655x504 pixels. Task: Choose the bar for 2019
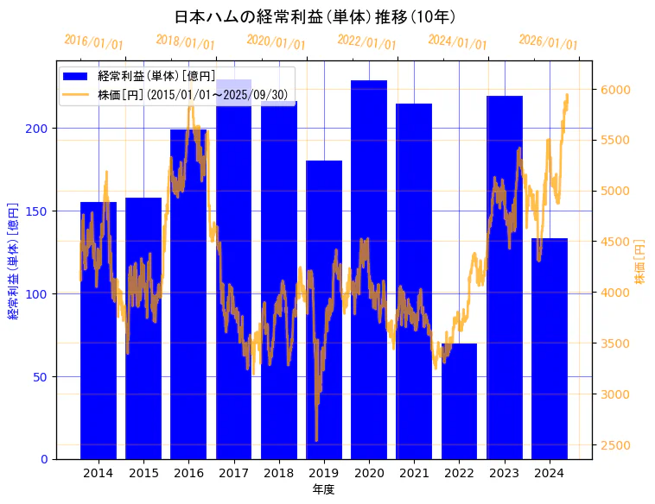324,310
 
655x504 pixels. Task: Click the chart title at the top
315,17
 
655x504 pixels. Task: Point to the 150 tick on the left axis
41,211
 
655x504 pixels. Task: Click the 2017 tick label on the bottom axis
233,473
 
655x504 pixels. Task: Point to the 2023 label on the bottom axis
504,473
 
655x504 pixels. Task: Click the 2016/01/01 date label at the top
94,41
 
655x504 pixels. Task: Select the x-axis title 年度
323,489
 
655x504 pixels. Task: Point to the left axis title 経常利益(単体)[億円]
13,261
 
